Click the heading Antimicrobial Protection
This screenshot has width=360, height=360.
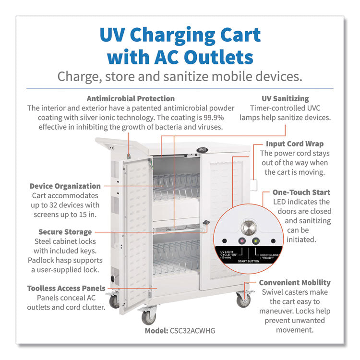[131, 99]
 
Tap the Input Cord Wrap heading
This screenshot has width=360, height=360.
[295, 144]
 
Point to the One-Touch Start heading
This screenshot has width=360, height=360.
[301, 192]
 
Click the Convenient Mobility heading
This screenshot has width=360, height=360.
[295, 283]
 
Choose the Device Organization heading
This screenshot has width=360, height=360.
[65, 186]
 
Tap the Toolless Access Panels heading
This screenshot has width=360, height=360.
[66, 288]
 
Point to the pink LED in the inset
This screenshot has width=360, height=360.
[242, 241]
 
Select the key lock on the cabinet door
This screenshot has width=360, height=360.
[207, 223]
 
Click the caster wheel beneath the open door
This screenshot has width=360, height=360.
[148, 317]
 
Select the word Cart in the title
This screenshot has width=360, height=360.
[236, 35]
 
